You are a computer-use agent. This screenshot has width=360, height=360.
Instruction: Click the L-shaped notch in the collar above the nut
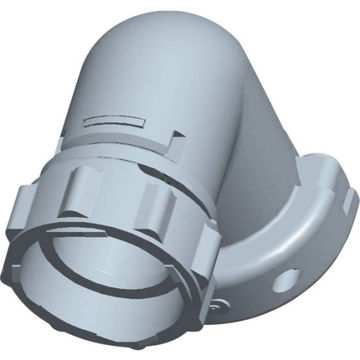coord(177,136)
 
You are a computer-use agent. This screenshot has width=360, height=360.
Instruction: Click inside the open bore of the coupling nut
coord(97,285)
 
